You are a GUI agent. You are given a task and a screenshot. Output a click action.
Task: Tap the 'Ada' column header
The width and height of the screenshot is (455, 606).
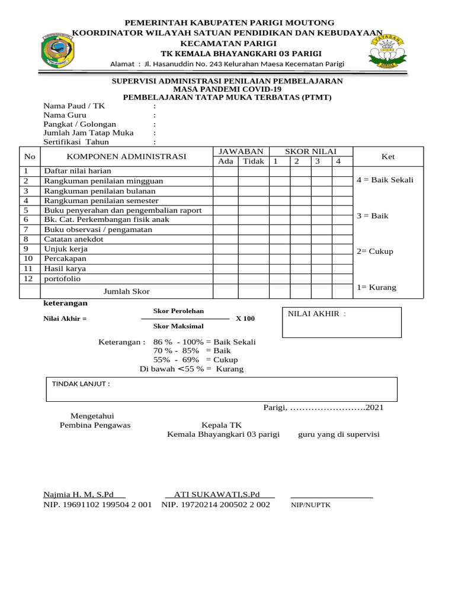pyautogui.click(x=226, y=162)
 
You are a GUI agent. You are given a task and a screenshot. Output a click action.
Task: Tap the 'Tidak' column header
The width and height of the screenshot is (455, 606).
pyautogui.click(x=254, y=162)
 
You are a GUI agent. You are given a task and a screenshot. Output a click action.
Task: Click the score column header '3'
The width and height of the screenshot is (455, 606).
pyautogui.click(x=318, y=162)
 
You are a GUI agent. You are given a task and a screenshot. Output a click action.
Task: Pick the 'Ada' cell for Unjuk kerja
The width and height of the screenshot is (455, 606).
pyautogui.click(x=226, y=249)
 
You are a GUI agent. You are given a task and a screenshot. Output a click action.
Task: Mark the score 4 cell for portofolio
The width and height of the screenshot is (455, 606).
pyautogui.click(x=342, y=279)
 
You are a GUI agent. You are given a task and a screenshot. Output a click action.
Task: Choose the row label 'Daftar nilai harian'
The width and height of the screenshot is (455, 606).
pyautogui.click(x=78, y=170)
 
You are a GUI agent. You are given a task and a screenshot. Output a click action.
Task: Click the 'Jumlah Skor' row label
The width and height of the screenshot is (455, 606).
pyautogui.click(x=127, y=292)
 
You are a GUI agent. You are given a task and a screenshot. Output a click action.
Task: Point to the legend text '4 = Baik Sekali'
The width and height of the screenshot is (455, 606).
pyautogui.click(x=385, y=180)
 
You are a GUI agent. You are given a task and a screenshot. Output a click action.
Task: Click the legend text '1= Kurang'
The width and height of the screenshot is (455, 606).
pyautogui.click(x=376, y=288)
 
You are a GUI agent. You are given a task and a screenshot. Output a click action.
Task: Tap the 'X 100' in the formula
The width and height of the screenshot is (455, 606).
pyautogui.click(x=245, y=318)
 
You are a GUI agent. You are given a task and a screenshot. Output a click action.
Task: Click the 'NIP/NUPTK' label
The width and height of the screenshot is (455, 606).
pyautogui.click(x=310, y=505)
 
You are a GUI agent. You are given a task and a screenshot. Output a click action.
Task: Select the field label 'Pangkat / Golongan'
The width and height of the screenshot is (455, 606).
pyautogui.click(x=79, y=124)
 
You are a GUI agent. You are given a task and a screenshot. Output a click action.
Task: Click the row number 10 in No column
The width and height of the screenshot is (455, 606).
pyautogui.click(x=28, y=259)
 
